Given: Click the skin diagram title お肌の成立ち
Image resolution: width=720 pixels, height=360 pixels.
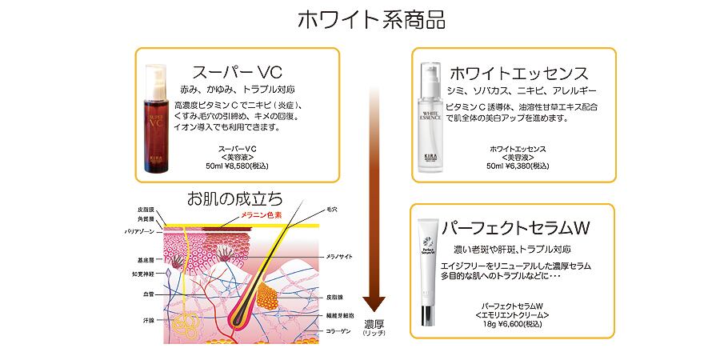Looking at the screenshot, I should (234, 198).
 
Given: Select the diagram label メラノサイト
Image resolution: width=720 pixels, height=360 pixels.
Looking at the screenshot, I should (339, 257).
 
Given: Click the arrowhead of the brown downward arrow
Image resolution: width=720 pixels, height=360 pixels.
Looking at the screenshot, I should (374, 306).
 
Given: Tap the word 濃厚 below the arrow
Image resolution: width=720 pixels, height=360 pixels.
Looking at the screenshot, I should (374, 324).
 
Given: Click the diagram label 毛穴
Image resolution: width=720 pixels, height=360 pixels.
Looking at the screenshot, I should (331, 209).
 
